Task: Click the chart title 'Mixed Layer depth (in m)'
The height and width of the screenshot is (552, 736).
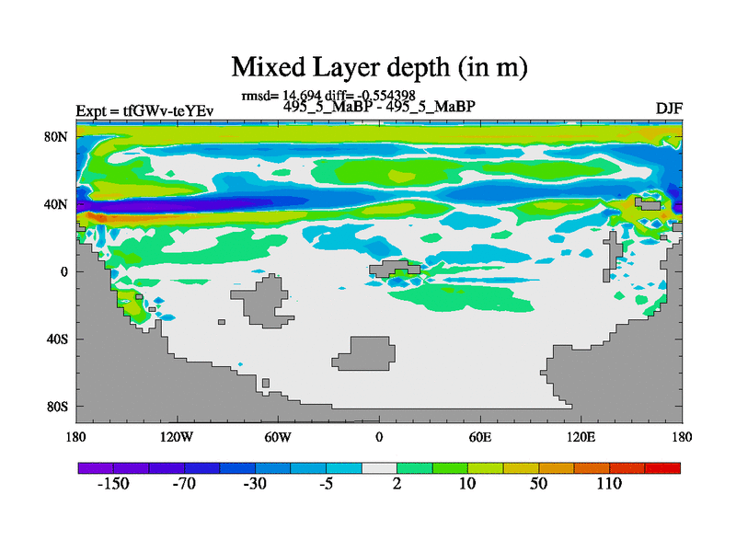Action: click(378, 67)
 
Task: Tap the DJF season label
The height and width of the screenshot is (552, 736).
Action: click(669, 109)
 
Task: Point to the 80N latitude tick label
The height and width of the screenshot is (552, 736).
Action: click(58, 137)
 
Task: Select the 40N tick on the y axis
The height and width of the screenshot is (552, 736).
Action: click(58, 204)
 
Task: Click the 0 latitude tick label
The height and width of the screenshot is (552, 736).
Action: click(65, 271)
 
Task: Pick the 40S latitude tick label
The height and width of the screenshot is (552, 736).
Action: click(58, 339)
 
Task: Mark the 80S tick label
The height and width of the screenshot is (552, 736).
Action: click(58, 407)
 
